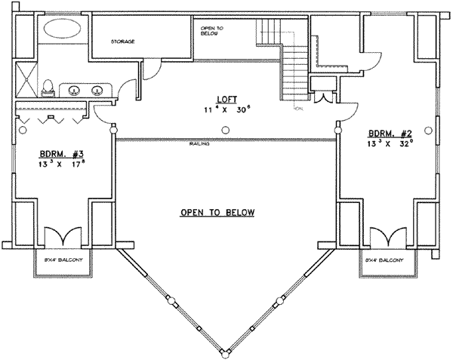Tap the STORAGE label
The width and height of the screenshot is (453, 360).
[123, 42]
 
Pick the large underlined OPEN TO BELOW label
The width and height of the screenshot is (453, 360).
[217, 213]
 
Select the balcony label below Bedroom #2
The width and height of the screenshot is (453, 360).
[384, 260]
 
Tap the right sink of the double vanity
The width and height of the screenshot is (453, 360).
[97, 91]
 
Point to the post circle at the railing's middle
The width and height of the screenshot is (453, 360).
[226, 131]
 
